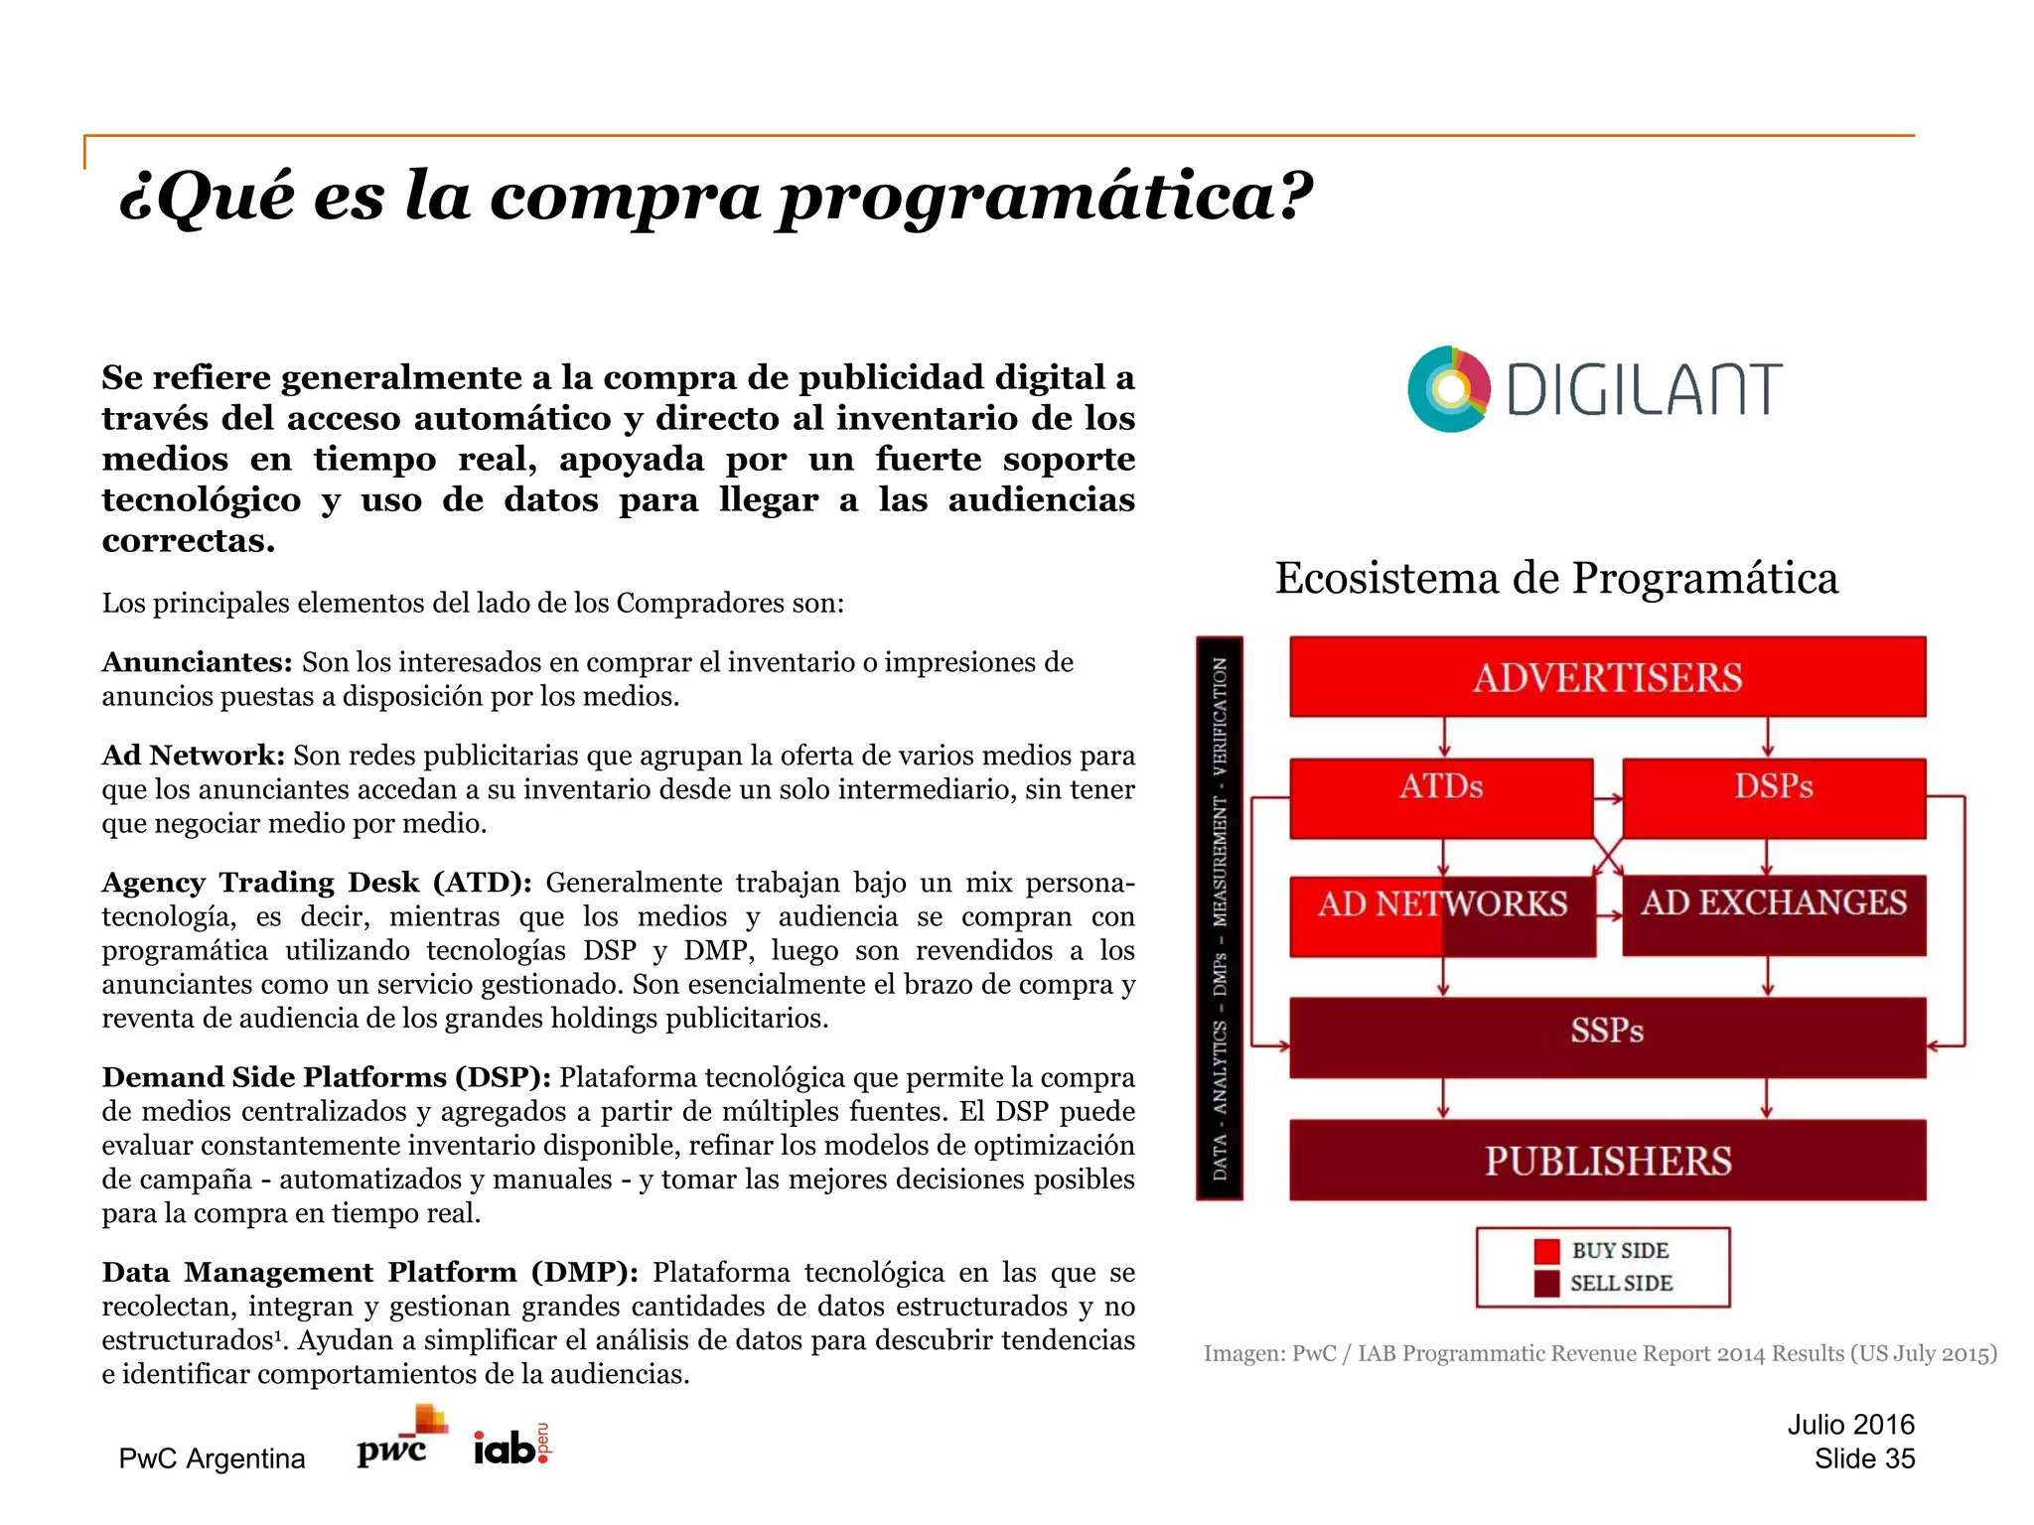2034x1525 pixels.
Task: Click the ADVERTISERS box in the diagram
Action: [1607, 677]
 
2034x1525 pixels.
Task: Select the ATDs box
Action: [1441, 797]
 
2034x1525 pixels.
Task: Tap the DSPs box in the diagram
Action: [1774, 797]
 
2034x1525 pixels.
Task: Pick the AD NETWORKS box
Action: [1442, 914]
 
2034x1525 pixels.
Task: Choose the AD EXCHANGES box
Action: [1774, 914]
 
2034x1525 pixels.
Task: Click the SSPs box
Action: [1607, 1037]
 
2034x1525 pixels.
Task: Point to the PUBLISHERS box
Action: [1607, 1160]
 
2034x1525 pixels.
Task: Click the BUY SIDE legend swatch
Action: [1546, 1251]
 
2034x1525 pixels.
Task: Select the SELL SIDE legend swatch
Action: [1546, 1284]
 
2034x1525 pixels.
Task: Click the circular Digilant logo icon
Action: [1449, 389]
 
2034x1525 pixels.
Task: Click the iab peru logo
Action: [511, 1446]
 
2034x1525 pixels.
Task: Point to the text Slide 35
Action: [1863, 1458]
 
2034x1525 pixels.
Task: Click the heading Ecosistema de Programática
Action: [1556, 578]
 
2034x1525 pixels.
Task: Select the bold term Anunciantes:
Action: [197, 662]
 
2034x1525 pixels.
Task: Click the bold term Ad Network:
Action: [194, 756]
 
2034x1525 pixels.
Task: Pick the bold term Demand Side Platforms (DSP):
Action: [326, 1077]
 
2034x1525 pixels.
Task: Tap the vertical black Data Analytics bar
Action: [1219, 917]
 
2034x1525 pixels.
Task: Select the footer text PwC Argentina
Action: [212, 1458]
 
